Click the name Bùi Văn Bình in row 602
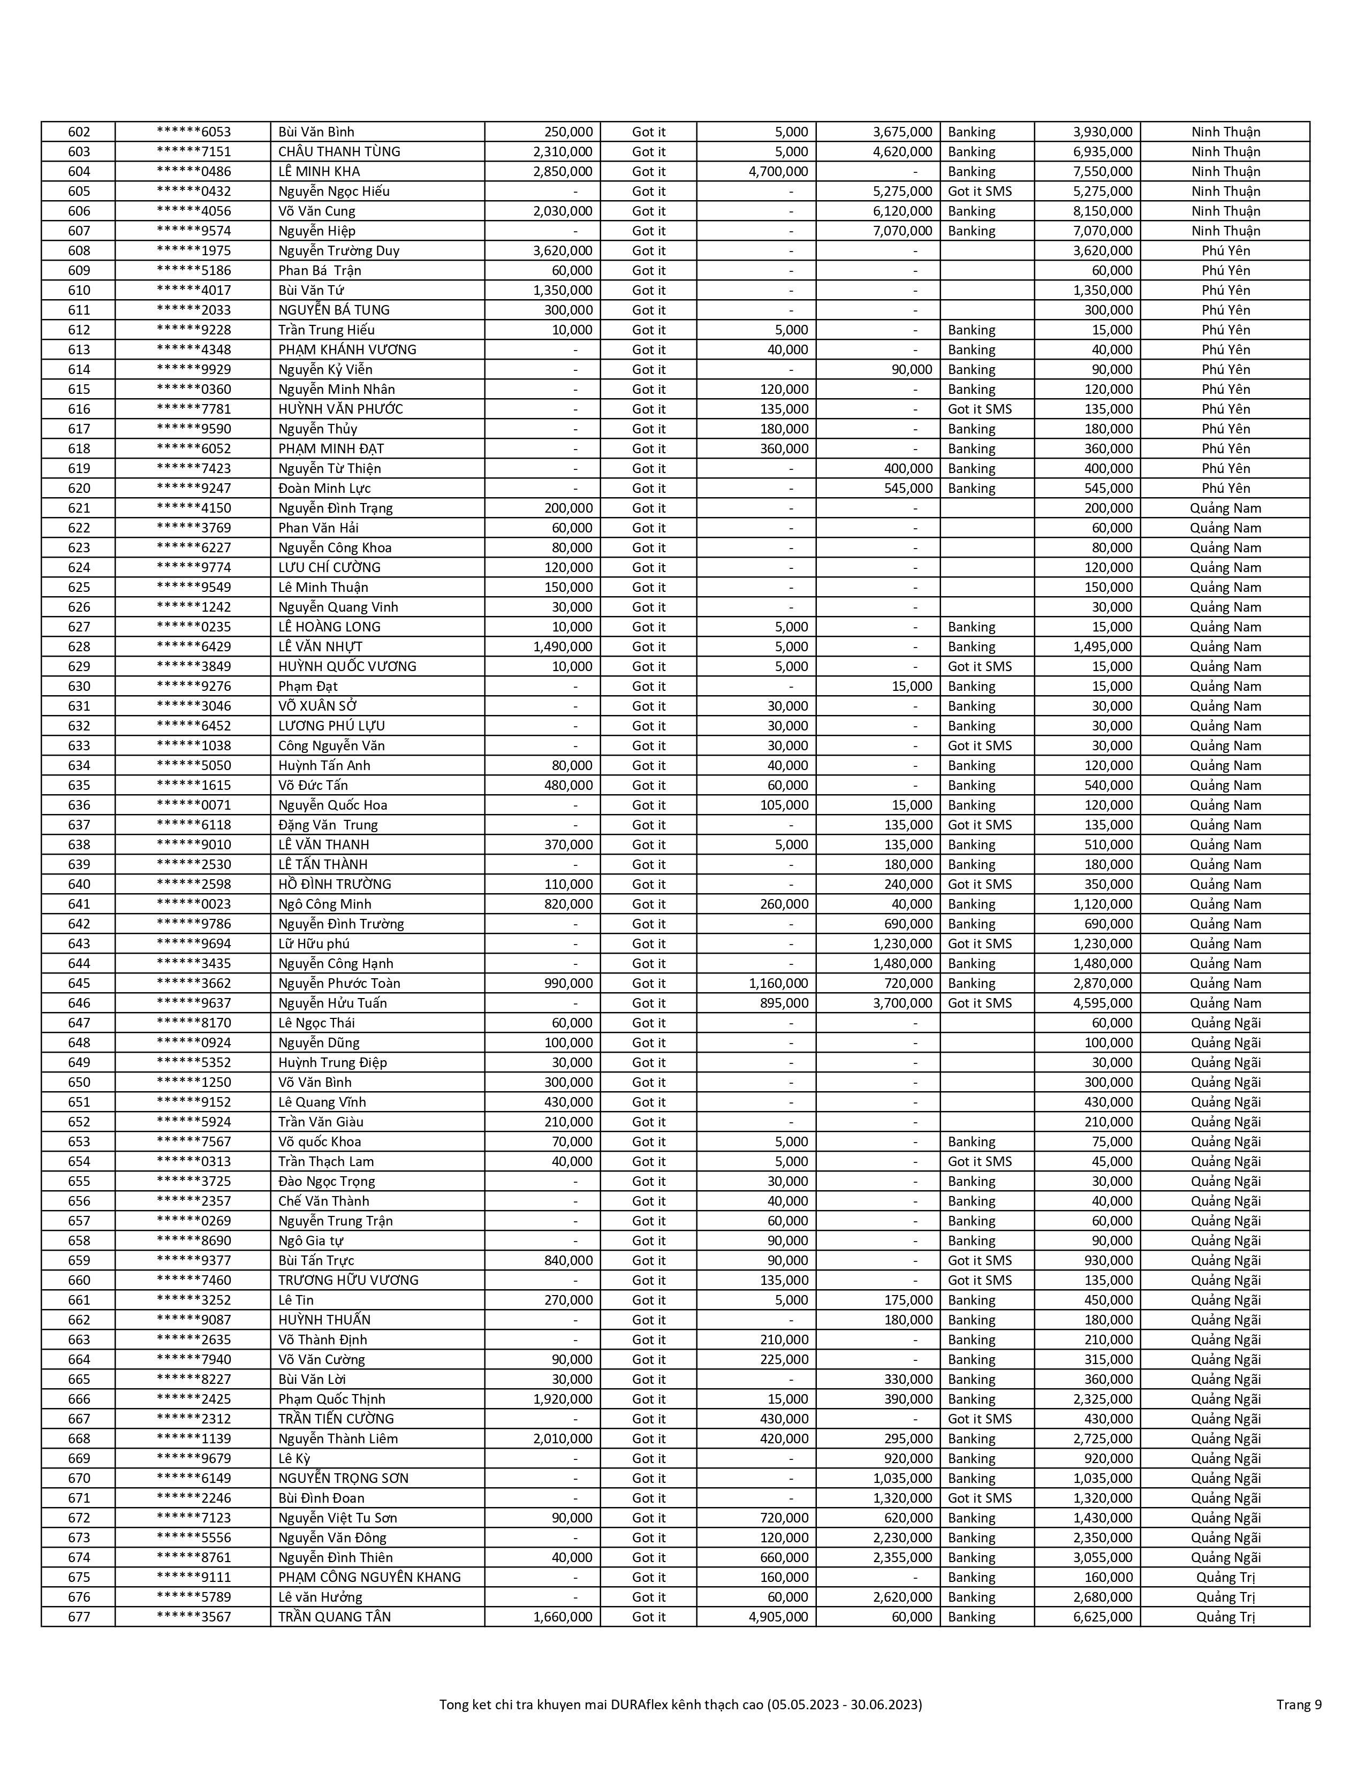[316, 132]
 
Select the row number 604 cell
[79, 171]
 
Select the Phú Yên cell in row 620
[1225, 489]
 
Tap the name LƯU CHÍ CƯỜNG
[329, 568]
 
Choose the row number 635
[79, 785]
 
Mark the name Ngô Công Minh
[324, 904]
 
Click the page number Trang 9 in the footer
[1299, 1704]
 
